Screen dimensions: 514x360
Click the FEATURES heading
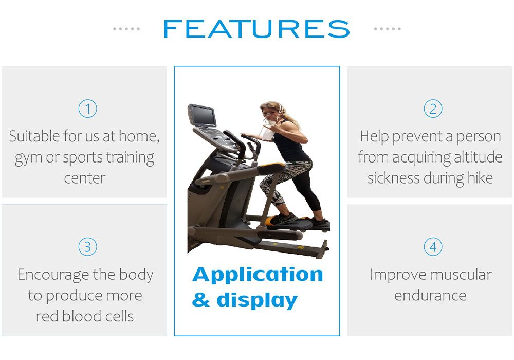(x=256, y=29)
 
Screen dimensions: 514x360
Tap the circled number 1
(x=87, y=109)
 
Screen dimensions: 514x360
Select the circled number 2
(x=433, y=109)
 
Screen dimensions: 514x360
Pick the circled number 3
(x=87, y=246)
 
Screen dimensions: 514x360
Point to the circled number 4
(x=433, y=246)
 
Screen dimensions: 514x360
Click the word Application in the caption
(x=258, y=275)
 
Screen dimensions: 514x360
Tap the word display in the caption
(x=257, y=300)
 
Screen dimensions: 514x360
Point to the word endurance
(x=430, y=295)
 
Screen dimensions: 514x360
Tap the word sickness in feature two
(x=393, y=178)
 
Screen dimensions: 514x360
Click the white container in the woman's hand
(x=267, y=133)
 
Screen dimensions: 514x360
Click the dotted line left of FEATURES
(x=126, y=29)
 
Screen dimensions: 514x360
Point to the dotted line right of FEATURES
(x=387, y=29)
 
